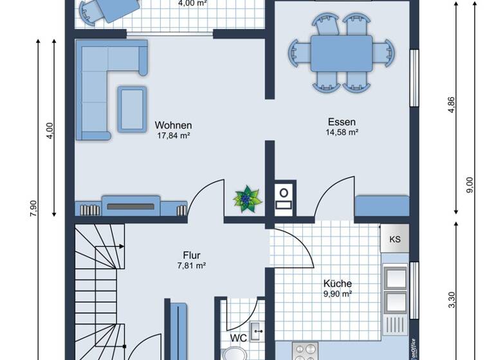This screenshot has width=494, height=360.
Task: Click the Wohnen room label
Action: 174,125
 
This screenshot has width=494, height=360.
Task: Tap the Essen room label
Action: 342,122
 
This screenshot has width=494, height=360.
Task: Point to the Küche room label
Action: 338,283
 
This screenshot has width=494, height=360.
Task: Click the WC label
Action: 238,337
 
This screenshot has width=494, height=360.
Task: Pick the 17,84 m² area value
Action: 174,136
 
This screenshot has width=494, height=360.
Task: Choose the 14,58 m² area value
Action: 342,132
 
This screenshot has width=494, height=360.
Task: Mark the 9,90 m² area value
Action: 338,294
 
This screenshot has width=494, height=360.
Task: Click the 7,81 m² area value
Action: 192,265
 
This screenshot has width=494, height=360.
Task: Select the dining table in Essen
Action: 342,53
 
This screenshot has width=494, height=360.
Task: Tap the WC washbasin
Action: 257,332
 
